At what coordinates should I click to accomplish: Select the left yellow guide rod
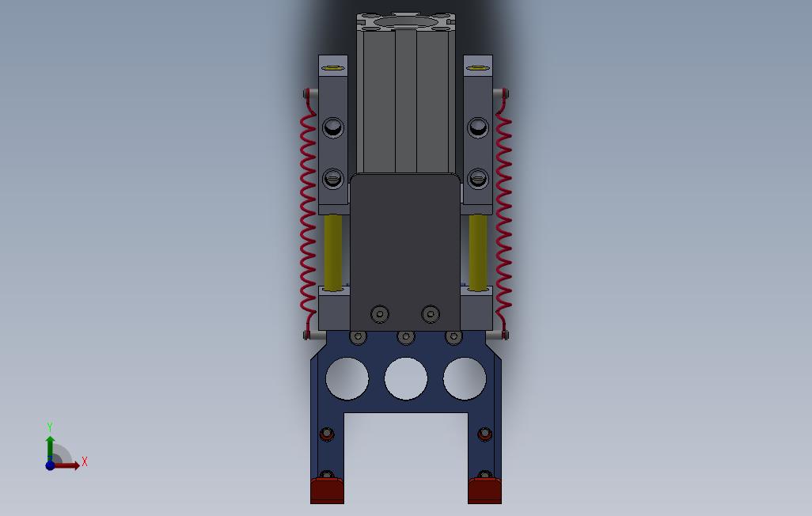[333, 252]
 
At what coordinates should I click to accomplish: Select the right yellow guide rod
[477, 252]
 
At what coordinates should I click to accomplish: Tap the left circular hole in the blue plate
[347, 378]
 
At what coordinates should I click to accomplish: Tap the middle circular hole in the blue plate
[405, 378]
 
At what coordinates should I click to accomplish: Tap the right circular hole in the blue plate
[465, 378]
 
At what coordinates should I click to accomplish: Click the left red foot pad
[327, 491]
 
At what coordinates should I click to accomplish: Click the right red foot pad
[484, 491]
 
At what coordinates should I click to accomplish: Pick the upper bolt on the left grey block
[333, 127]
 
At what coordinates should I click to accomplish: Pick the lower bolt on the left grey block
[333, 178]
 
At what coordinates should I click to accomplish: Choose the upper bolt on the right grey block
[477, 127]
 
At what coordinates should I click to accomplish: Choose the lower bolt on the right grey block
[477, 178]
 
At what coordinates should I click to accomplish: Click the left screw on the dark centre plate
[381, 314]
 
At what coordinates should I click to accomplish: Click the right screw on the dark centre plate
[430, 314]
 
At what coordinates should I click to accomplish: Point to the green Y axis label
[50, 427]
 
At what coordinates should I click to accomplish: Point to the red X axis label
[84, 461]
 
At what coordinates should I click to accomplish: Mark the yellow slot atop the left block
[333, 68]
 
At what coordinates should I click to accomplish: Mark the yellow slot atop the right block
[477, 68]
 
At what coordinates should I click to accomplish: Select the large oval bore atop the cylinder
[405, 21]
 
